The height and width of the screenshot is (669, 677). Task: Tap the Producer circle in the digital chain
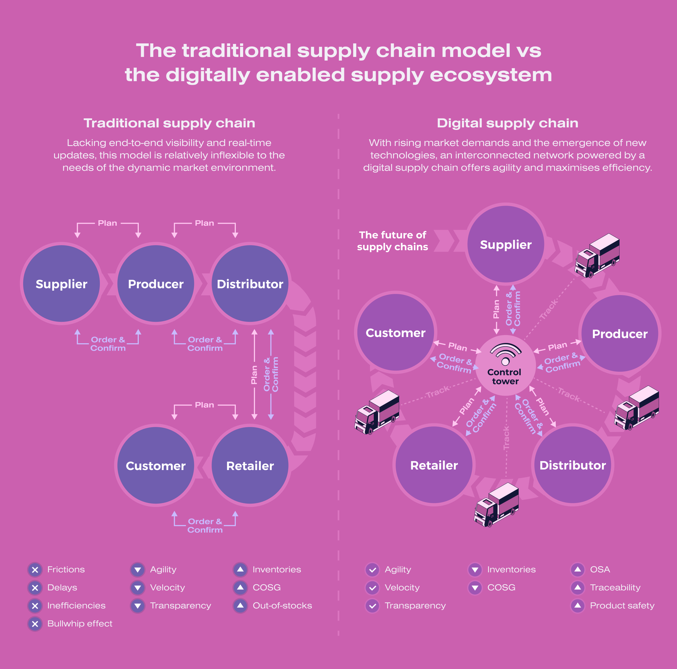click(619, 334)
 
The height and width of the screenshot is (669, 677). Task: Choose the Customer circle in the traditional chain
click(156, 465)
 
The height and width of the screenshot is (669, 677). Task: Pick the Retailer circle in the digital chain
click(434, 465)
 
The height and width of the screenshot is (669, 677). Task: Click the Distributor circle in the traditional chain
click(250, 283)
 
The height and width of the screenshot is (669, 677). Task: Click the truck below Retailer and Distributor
click(496, 504)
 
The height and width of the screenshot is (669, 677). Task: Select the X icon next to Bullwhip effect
click(35, 624)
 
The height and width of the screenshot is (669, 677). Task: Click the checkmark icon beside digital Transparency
click(372, 606)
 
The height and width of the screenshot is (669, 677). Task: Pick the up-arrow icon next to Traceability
click(577, 588)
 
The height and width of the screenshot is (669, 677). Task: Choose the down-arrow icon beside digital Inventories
click(475, 570)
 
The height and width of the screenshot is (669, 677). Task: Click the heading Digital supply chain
click(507, 123)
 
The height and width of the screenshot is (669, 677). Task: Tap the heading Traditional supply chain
click(169, 123)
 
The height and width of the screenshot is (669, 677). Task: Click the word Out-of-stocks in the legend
click(282, 606)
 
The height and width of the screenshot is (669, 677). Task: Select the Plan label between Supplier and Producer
click(107, 223)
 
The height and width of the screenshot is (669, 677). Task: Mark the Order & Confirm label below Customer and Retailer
click(205, 526)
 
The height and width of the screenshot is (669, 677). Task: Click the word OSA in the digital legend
click(600, 570)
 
